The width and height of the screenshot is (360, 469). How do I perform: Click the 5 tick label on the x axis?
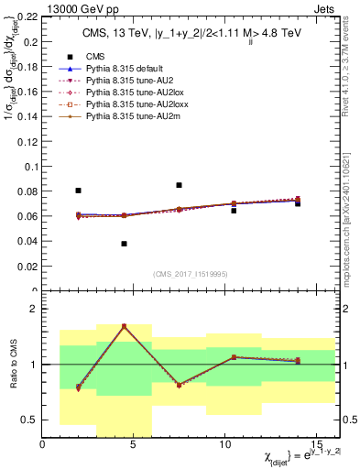coord(133,444)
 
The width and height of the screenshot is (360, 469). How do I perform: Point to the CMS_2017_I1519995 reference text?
coord(191,274)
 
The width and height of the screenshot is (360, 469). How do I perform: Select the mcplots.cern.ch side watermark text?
coord(349,220)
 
